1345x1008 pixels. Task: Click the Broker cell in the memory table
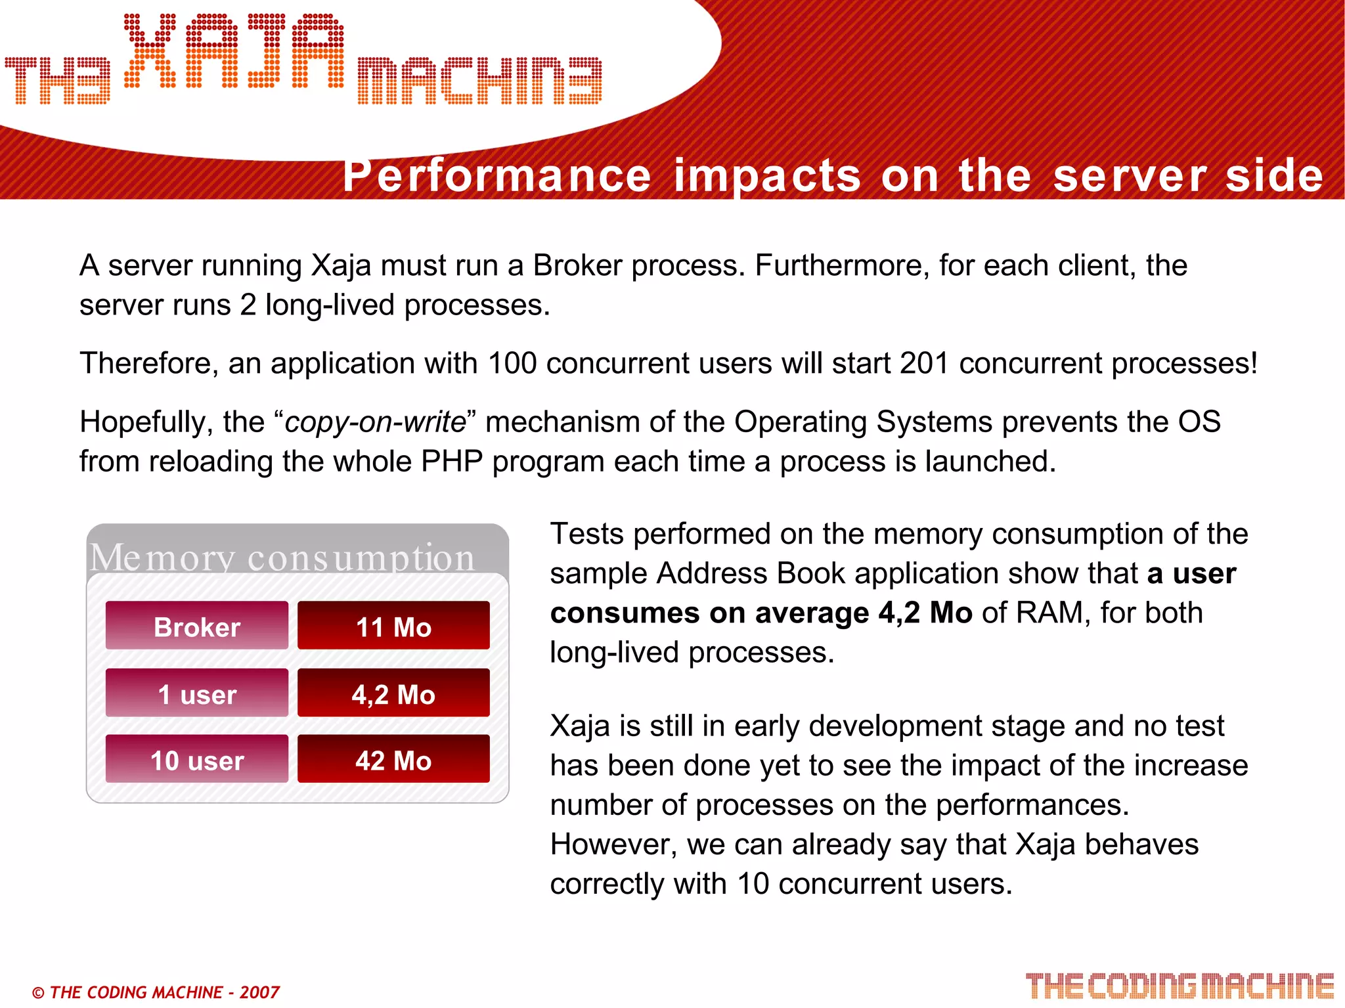pos(196,626)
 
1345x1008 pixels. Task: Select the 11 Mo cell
pos(393,626)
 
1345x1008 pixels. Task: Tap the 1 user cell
pos(196,693)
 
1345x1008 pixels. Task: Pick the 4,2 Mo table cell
pos(393,693)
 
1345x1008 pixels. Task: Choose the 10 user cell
pos(196,760)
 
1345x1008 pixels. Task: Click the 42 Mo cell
pos(393,760)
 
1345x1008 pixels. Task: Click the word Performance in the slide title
pos(496,175)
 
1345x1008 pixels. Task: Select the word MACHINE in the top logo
pos(479,81)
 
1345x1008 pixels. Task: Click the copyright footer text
pos(156,992)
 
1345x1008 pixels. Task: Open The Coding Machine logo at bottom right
pos(1180,986)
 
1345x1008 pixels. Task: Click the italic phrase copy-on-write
pos(375,422)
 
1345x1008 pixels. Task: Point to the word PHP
pos(452,461)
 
